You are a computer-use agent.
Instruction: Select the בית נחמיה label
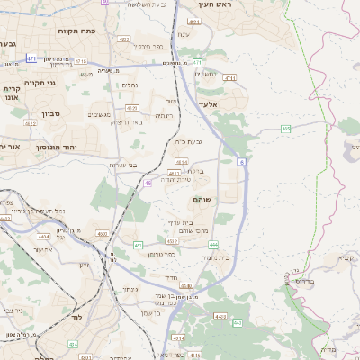pyautogui.click(x=216, y=258)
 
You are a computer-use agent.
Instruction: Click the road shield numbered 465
pyautogui.click(x=285, y=129)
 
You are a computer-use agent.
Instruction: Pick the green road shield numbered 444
pyautogui.click(x=213, y=244)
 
